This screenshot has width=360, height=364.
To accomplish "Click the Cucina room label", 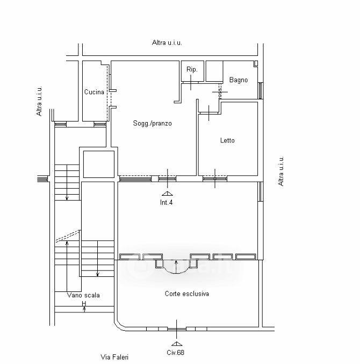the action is pos(94,92).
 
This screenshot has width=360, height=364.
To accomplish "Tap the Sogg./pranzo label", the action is pos(153,123).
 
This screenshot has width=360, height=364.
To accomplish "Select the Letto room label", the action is pos(227,140).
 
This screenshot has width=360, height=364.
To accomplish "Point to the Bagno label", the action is pos(239,80).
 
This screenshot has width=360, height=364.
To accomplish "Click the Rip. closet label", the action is pos(192,69).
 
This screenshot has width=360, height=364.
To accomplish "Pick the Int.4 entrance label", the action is pos(167,202).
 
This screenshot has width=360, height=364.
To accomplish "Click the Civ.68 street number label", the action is pos(175,352).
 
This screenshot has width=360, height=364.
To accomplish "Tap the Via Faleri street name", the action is pos(114,357).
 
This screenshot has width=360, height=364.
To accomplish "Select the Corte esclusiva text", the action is pos(187,294).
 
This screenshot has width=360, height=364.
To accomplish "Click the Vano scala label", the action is pos(83,295).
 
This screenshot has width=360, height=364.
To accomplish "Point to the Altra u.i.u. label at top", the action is pos(167,42).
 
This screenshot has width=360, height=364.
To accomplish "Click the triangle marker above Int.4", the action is pos(167,194).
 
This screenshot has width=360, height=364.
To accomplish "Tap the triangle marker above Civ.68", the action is pos(177,344).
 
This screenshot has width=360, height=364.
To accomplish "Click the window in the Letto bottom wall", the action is pos(215,179).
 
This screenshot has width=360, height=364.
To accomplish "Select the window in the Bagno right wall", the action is pos(261,90).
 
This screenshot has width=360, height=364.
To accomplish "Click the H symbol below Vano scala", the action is pos(84,303).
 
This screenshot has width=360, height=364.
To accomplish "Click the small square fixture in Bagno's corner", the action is pos(256,63).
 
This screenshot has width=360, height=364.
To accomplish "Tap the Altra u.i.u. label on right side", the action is pos(281,171).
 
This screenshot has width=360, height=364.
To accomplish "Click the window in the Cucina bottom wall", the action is pos(100,124).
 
